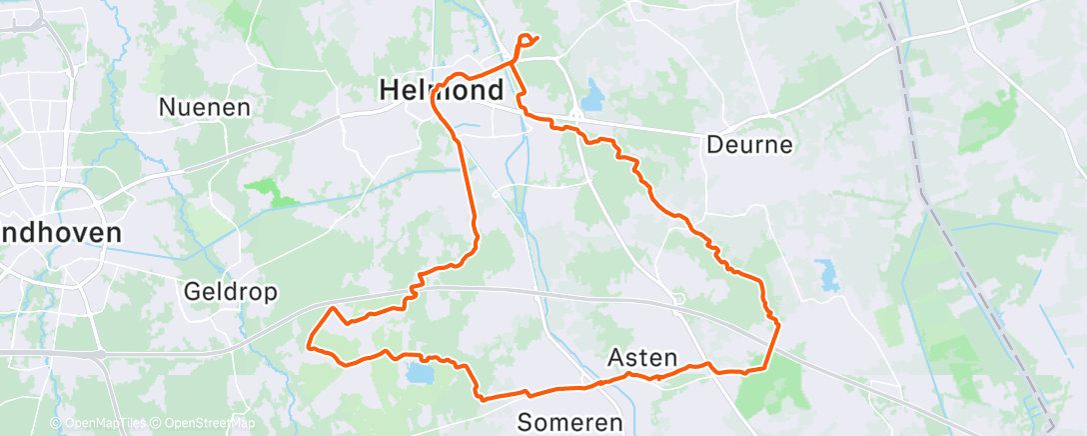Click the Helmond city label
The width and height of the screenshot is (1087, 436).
pyautogui.click(x=440, y=90)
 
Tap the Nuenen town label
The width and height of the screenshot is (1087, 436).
pyautogui.click(x=204, y=107)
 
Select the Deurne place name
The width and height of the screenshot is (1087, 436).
pyautogui.click(x=749, y=144)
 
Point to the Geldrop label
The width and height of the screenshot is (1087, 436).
pyautogui.click(x=231, y=292)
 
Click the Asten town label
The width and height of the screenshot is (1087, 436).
pyautogui.click(x=642, y=357)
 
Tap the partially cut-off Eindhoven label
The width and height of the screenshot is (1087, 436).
pyautogui.click(x=61, y=233)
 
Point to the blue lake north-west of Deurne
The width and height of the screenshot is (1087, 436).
pyautogui.click(x=592, y=96)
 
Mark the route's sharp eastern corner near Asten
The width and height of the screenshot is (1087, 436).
pyautogui.click(x=777, y=322)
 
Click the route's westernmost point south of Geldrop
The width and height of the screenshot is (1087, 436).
pyautogui.click(x=309, y=347)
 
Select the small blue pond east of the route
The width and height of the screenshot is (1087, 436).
pyautogui.click(x=825, y=271)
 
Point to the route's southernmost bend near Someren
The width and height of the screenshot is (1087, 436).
pyautogui.click(x=484, y=399)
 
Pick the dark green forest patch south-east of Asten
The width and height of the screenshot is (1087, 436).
pyautogui.click(x=769, y=385)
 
